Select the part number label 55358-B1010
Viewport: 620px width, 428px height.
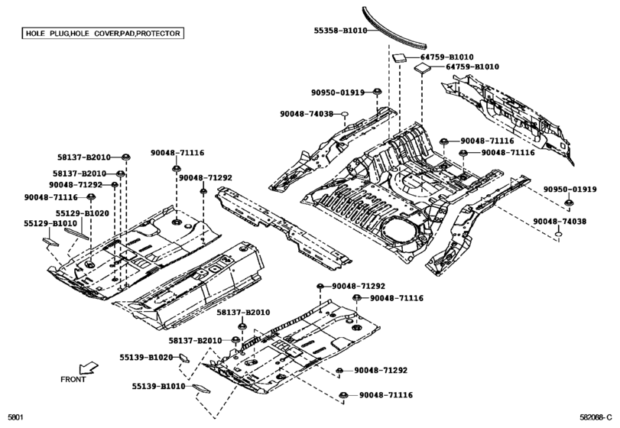pos(340,31)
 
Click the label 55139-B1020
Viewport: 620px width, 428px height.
pos(145,357)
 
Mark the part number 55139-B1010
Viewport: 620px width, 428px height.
pos(157,387)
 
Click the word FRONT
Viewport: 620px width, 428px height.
pos(73,379)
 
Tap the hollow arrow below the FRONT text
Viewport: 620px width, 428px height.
pos(89,367)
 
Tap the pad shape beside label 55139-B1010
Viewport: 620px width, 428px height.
pos(201,387)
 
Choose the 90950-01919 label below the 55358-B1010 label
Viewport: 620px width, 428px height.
pos(337,92)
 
